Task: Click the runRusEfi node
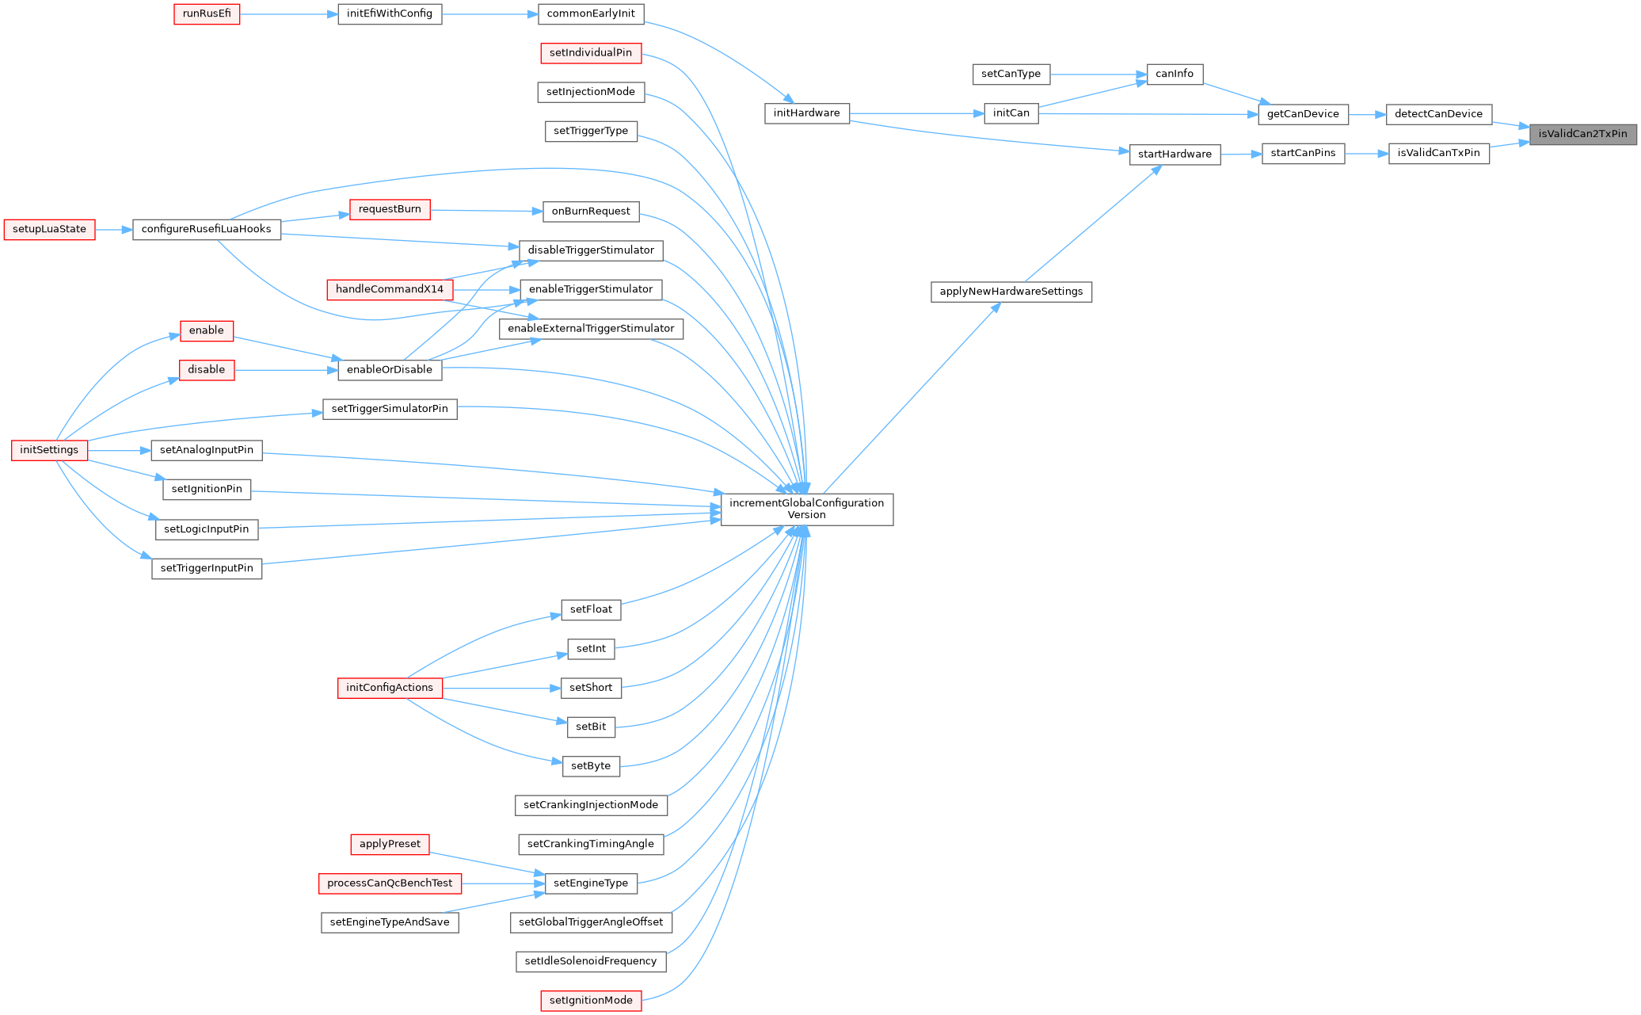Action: pos(207,14)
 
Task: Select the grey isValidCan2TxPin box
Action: pos(1582,134)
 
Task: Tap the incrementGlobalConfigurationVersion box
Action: pos(806,509)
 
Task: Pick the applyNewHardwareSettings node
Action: pos(1011,292)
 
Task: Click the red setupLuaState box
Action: pos(49,230)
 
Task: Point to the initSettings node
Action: pos(49,450)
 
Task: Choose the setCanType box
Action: pos(1011,74)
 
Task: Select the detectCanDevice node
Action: pos(1437,114)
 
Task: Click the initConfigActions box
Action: pos(390,688)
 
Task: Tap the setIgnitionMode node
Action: pos(591,1001)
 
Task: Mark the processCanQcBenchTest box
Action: pos(390,883)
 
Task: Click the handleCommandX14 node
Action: pos(390,289)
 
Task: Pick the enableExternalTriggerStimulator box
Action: pos(591,329)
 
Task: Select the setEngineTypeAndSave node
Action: pos(390,922)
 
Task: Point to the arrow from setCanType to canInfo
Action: pos(1098,74)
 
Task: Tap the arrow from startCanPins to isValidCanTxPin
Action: pos(1366,154)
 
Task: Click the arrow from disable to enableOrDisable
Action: pos(286,370)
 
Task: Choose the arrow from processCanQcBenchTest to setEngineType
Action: pos(503,883)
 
